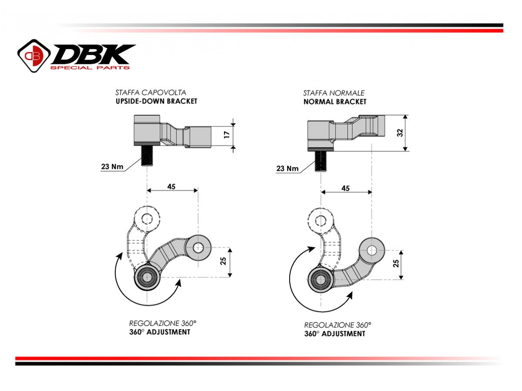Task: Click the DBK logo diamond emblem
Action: [34, 56]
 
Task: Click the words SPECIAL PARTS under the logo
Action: [90, 68]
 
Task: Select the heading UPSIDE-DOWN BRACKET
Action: [156, 101]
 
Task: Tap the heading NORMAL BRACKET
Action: [335, 102]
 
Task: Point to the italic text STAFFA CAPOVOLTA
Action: [151, 93]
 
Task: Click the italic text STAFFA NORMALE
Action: [334, 93]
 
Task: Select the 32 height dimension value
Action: [400, 133]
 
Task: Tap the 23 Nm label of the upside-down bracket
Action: [112, 166]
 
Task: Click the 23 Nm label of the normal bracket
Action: [288, 169]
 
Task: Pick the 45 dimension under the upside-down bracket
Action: [171, 186]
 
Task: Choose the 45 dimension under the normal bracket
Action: [345, 188]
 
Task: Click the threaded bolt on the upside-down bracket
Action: [147, 156]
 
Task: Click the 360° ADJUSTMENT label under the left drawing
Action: [160, 332]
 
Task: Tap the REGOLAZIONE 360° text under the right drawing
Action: [337, 325]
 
